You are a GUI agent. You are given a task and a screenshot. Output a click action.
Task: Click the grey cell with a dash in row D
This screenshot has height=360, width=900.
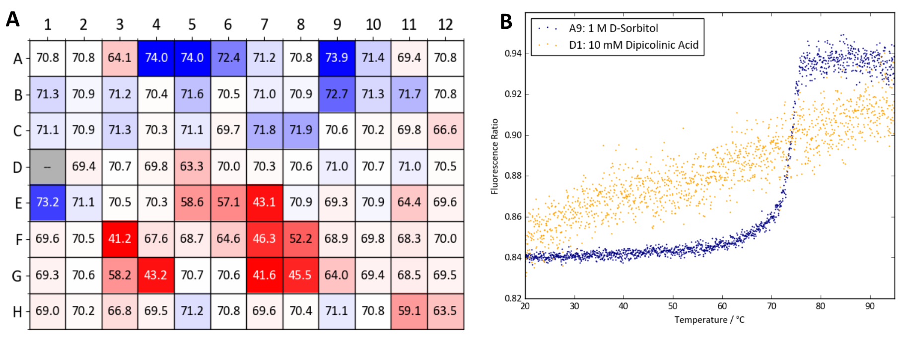tap(47, 167)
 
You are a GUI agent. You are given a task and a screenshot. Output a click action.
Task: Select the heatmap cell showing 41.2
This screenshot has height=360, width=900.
tap(120, 239)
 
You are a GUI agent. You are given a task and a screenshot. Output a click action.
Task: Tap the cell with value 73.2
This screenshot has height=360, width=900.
tap(47, 203)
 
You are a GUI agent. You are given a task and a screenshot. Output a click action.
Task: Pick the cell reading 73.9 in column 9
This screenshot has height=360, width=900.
tap(337, 58)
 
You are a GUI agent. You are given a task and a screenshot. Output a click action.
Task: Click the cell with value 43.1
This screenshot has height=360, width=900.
tap(264, 203)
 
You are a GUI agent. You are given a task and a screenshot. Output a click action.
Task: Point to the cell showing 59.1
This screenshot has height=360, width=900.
tap(409, 311)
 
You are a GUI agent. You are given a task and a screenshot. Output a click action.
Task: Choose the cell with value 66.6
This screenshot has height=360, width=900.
tap(445, 131)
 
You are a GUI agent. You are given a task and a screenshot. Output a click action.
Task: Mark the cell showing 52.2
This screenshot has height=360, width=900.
tap(300, 239)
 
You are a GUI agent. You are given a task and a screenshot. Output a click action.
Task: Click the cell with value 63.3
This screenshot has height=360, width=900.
tap(192, 167)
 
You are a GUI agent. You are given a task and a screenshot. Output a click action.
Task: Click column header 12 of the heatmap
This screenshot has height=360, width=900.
tap(445, 25)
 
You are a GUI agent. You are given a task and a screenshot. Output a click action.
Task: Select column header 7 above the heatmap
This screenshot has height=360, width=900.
tap(264, 25)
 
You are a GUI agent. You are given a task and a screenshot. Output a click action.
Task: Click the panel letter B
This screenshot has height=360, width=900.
tap(506, 22)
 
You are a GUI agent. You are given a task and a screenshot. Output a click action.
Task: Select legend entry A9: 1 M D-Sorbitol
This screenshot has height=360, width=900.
tap(614, 28)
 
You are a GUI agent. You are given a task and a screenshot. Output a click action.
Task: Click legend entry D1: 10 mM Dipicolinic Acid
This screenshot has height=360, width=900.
tap(633, 45)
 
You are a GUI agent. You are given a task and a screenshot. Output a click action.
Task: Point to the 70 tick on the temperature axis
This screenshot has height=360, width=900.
tap(771, 306)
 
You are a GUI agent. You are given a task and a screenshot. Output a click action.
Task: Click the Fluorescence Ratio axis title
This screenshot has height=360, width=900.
tap(494, 156)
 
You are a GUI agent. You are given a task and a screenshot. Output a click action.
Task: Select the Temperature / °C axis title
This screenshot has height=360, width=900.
tap(709, 320)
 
